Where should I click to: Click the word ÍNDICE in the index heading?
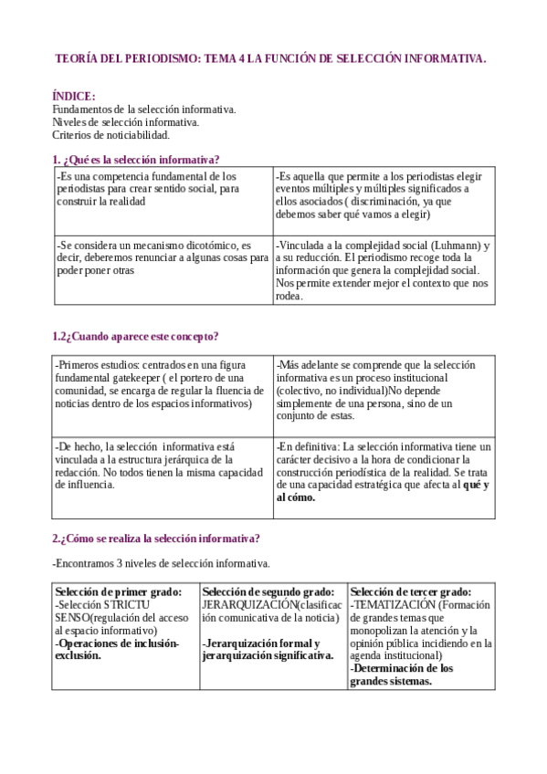(x=73, y=96)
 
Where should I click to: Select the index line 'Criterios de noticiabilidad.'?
(x=110, y=135)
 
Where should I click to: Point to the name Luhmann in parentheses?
(x=457, y=246)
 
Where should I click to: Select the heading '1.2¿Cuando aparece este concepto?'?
(x=135, y=335)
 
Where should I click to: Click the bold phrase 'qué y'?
(x=477, y=485)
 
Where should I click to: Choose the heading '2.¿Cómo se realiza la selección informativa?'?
(x=155, y=539)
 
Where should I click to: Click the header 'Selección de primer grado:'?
(x=124, y=591)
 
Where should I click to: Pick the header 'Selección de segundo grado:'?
(x=273, y=591)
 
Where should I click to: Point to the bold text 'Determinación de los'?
(x=403, y=668)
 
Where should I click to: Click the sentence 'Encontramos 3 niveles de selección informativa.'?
(x=161, y=562)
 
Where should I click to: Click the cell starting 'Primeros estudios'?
(x=162, y=383)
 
